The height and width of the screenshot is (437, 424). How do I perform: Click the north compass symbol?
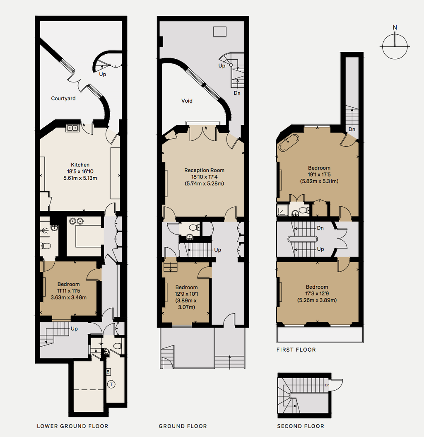395,46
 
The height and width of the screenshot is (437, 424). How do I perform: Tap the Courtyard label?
63,99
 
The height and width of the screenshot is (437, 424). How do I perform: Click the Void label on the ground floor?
187,101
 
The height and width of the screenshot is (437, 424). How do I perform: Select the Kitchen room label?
80,165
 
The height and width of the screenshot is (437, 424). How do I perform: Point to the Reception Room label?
204,170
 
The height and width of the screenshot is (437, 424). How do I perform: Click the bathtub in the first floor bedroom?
287,143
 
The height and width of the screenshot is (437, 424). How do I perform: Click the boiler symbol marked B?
108,372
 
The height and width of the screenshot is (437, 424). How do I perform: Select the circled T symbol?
111,384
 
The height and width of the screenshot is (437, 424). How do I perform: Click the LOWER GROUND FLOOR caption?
72,426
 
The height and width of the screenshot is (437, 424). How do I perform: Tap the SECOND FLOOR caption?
301,426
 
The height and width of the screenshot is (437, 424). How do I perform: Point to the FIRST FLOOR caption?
296,350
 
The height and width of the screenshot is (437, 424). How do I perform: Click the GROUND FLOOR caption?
183,426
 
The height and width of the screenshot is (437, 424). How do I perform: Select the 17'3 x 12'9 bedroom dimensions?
317,294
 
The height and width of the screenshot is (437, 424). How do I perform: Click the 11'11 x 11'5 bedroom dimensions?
68,290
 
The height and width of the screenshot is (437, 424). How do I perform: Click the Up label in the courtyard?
102,75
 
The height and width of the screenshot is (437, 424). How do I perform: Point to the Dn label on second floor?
327,385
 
